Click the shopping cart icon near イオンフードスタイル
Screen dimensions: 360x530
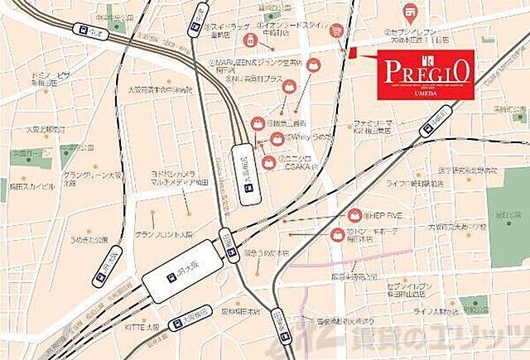(336, 30)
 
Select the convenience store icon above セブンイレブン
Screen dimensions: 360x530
(409, 12)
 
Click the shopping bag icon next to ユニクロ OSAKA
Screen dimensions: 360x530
(270, 162)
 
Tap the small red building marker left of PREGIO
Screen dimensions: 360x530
(352, 54)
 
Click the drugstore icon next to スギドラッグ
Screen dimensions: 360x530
(249, 39)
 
